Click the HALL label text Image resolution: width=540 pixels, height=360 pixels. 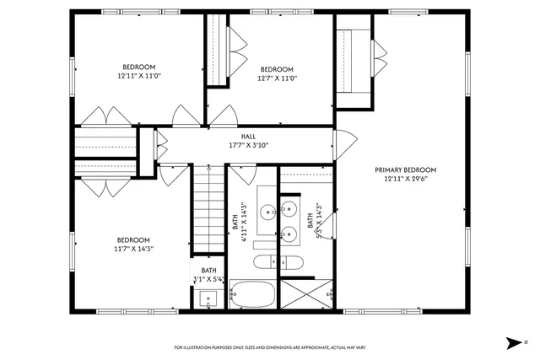pyautogui.click(x=248, y=136)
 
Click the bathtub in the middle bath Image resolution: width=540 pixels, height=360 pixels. pyautogui.click(x=253, y=295)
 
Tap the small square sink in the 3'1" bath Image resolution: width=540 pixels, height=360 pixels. pyautogui.click(x=208, y=298)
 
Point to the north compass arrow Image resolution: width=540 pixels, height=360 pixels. pyautogui.click(x=514, y=342)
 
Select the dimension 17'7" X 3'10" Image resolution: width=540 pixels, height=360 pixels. pyautogui.click(x=248, y=145)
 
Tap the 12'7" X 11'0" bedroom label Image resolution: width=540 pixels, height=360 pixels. pyautogui.click(x=276, y=78)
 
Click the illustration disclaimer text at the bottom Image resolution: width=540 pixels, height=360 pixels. pyautogui.click(x=270, y=347)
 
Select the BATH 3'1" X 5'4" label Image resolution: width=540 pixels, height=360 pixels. pyautogui.click(x=208, y=275)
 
